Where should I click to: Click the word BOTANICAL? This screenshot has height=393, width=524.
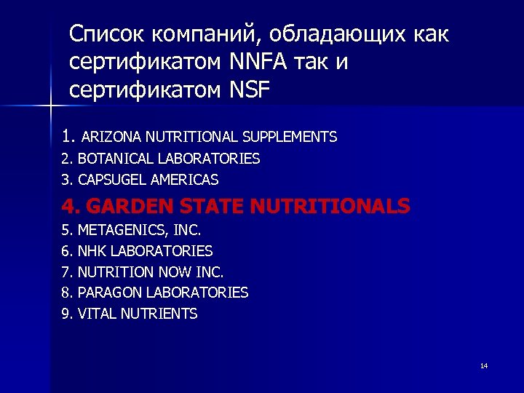tap(110, 159)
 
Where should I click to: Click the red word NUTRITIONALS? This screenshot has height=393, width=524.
tap(330, 207)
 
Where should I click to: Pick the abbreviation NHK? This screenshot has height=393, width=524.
tap(90, 251)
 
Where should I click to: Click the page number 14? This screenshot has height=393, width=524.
tap(484, 365)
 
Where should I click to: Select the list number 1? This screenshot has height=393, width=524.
tap(68, 135)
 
